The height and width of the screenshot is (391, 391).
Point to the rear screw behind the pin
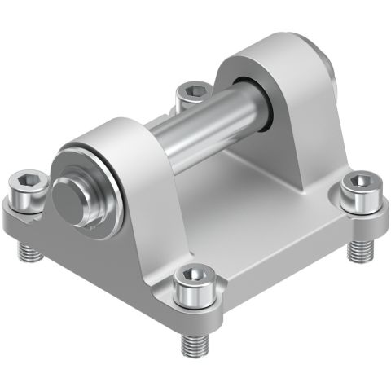tap(193, 90)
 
